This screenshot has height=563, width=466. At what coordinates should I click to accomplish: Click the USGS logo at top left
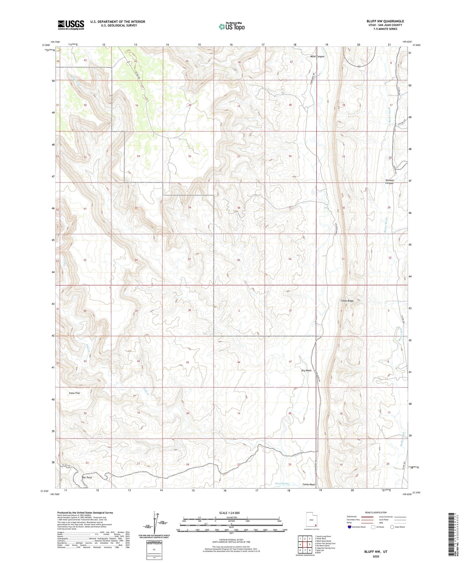pos(71,25)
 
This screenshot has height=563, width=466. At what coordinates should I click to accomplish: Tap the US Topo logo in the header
pos(231,26)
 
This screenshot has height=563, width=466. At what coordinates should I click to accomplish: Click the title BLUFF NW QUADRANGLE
pos(385,21)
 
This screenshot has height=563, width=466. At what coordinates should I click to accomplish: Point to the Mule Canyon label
pos(317,57)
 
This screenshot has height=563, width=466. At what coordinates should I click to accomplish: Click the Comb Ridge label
pos(347,301)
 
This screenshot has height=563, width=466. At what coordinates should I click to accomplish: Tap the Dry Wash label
pos(306,370)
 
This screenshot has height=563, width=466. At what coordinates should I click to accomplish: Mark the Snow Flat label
pos(74,393)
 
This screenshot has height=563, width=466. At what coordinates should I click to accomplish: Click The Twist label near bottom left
pos(87,477)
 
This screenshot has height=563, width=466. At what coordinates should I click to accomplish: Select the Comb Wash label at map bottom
pos(308,484)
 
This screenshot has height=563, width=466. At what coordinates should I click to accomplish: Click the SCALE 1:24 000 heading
pos(231,513)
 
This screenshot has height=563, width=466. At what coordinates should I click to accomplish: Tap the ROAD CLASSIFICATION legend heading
pos(376,512)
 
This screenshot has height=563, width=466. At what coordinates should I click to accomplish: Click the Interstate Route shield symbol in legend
pos(349,527)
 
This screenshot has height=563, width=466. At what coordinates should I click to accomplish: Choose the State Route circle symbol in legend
pos(392,527)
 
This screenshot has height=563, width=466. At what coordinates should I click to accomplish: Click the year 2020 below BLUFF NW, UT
pos(376,556)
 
